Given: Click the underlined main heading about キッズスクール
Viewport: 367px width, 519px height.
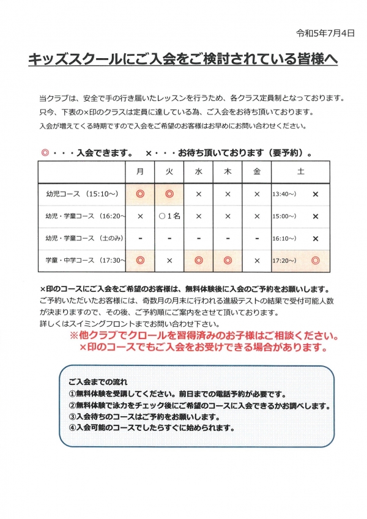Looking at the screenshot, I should click(x=183, y=61).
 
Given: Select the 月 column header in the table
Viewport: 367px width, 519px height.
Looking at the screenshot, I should click(x=140, y=172).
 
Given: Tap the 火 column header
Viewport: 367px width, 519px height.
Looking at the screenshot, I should click(x=169, y=172).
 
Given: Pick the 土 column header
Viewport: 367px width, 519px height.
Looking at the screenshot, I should click(x=300, y=172).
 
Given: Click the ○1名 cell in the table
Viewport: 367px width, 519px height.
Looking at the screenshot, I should click(x=169, y=216).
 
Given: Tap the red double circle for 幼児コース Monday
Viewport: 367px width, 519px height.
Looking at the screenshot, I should click(x=140, y=194).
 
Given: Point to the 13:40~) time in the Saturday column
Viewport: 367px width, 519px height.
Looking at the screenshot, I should click(x=284, y=194).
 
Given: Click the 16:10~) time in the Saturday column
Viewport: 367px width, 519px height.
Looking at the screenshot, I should click(x=284, y=239).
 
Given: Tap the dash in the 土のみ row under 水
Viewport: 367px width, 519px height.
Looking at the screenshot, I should click(x=199, y=239).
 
